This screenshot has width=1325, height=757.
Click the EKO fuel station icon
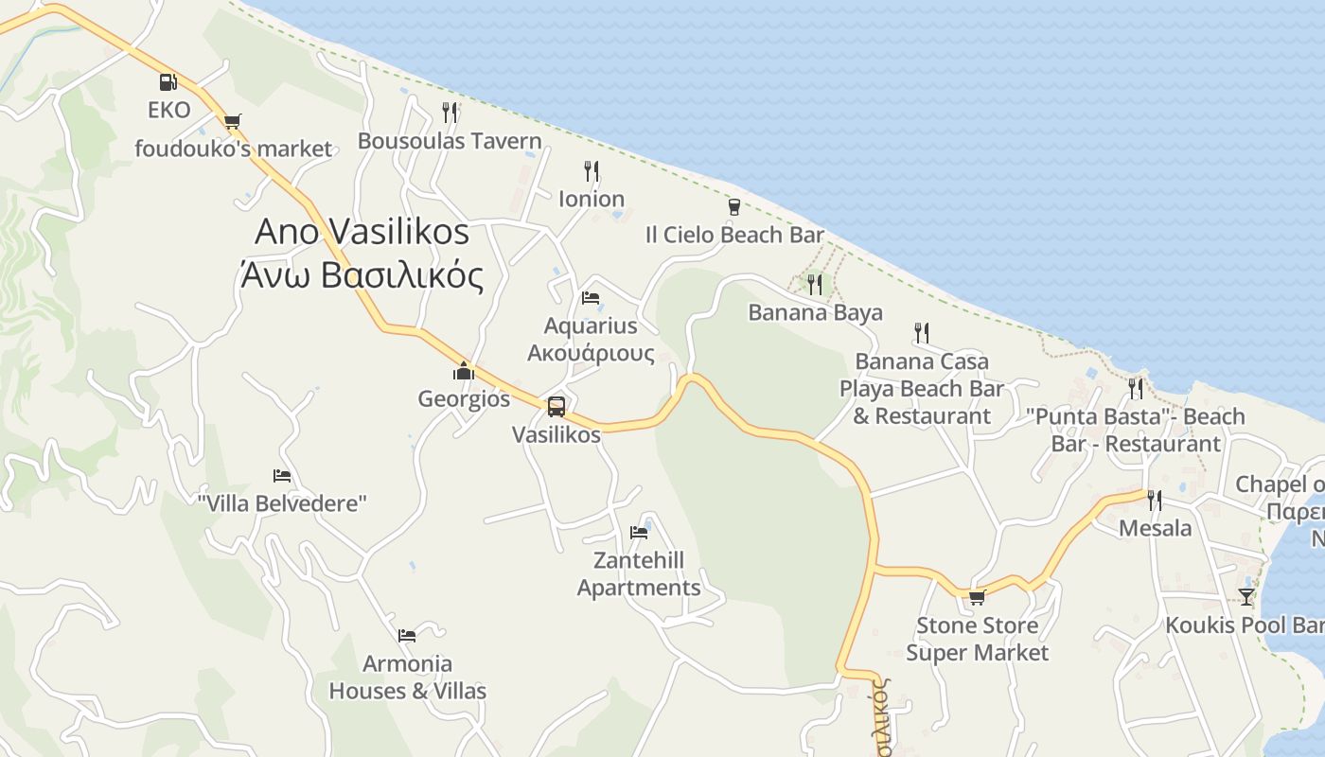168,82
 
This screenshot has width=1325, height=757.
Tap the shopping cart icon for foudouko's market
232,121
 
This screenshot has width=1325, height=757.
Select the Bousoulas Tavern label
450,142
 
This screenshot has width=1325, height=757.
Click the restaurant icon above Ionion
591,170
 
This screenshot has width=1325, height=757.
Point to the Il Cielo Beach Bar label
734,235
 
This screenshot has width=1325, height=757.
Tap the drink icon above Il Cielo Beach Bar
733,206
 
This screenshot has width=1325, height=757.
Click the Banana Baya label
815,312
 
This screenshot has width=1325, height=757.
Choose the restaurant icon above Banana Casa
922,332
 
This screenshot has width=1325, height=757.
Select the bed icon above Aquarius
591,298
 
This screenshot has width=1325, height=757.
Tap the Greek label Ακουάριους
591,354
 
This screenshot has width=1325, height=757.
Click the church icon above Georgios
463,371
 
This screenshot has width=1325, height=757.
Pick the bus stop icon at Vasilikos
556,407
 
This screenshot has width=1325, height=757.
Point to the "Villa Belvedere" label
281,503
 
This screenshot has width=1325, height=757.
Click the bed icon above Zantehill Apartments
639,532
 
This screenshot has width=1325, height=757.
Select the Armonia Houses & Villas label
407,678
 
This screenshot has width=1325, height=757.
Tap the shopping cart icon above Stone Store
977,597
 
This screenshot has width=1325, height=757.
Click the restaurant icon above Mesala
1155,500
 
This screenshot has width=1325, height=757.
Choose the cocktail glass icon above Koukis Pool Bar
1246,597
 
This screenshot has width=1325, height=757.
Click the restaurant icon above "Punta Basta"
1136,388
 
